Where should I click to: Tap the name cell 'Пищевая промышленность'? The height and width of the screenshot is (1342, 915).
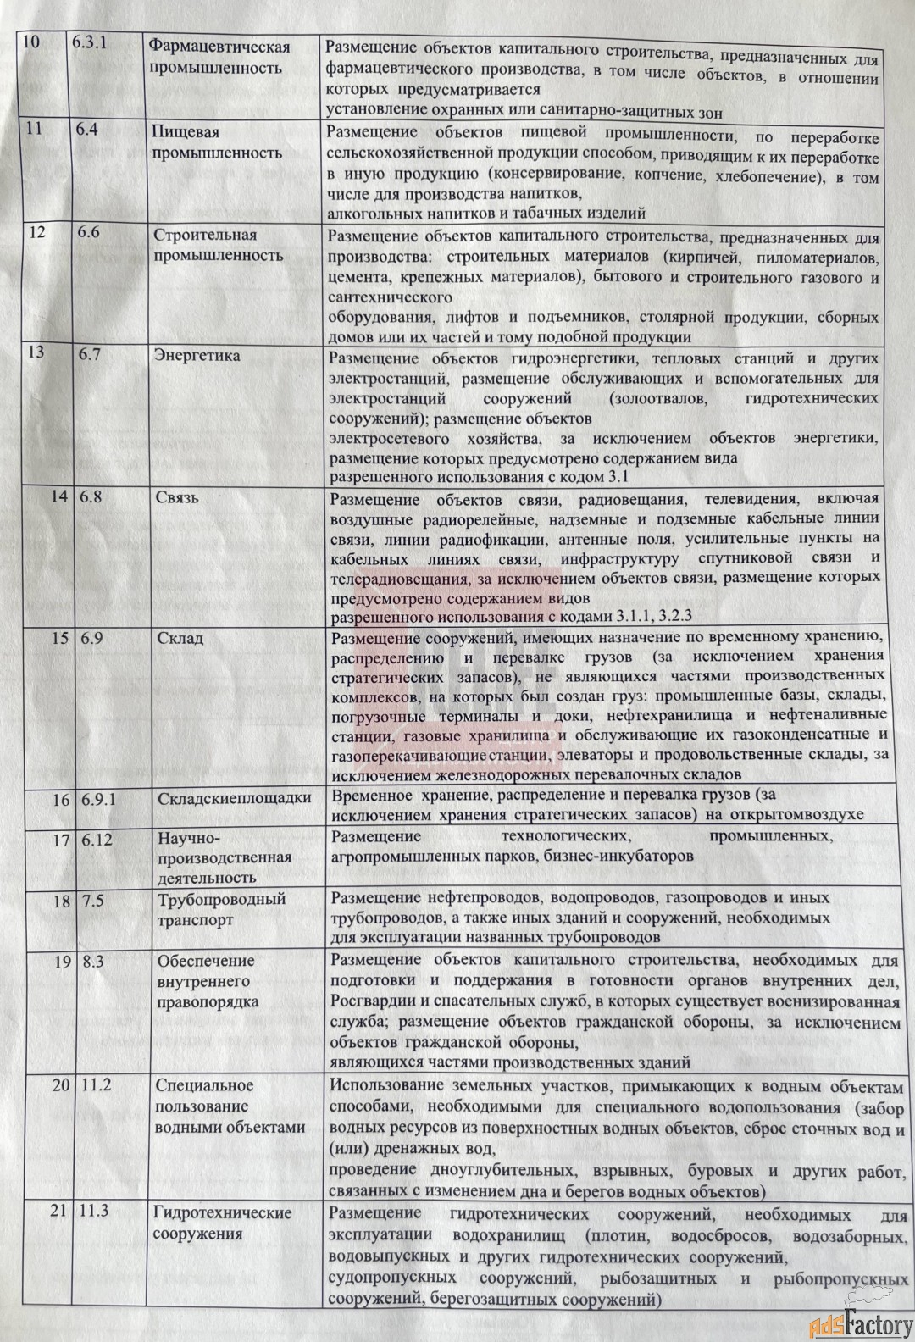point(217,142)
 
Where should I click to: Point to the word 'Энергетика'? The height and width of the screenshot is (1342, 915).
point(197,355)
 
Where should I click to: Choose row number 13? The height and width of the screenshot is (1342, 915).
point(36,354)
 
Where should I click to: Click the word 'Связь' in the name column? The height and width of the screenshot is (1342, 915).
point(177,496)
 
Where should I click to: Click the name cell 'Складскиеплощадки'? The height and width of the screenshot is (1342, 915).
point(234,798)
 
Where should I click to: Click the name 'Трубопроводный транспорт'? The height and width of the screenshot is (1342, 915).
point(221,909)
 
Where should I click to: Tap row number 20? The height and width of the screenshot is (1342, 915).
point(58,1085)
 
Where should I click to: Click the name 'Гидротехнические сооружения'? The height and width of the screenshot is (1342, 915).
point(222,1223)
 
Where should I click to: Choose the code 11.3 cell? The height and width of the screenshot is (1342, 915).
point(96,1212)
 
